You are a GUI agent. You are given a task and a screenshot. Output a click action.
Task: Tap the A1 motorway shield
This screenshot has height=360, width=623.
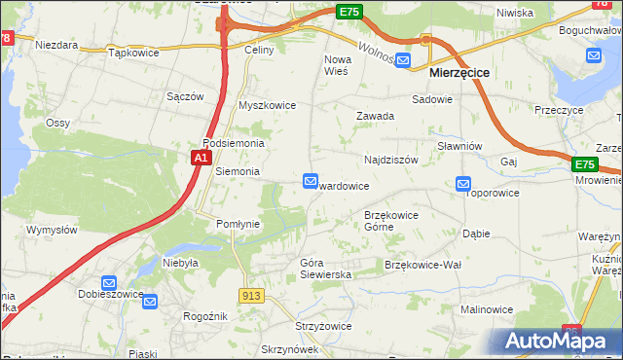tap(201, 157)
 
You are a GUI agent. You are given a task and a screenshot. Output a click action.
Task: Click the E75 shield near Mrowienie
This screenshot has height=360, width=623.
tap(584, 165)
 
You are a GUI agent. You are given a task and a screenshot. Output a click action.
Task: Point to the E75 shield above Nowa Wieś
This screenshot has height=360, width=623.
tap(349, 12)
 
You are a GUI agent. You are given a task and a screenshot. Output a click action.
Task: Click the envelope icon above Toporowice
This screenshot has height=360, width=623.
tap(463, 183)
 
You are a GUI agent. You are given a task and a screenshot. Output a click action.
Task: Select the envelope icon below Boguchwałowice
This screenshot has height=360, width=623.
tap(594, 54)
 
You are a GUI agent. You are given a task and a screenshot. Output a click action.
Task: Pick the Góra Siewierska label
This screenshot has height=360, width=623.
tap(325, 269)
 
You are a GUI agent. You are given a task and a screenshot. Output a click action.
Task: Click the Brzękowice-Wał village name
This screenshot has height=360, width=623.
tap(422, 265)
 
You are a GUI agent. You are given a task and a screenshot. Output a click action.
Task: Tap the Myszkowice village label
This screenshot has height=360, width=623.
tap(267, 105)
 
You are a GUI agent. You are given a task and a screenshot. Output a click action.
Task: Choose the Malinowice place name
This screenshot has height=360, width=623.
tap(487, 309)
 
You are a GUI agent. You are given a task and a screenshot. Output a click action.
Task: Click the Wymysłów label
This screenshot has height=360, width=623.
tap(52, 230)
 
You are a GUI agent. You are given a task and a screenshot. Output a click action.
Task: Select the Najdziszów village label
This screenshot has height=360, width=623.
tap(390, 159)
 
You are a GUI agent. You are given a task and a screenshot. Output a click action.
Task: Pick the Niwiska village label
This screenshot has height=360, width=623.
tap(515, 13)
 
